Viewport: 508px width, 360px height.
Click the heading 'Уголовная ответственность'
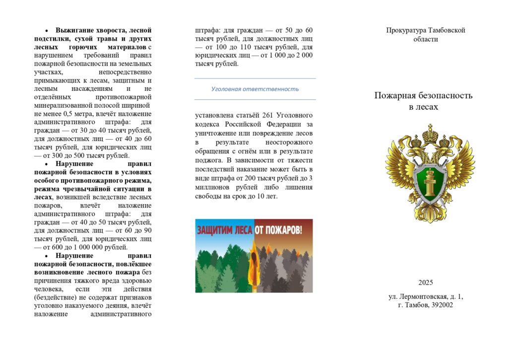254,89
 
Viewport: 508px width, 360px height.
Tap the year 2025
425,283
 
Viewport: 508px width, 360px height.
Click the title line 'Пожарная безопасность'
423,95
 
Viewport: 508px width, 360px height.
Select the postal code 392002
441,305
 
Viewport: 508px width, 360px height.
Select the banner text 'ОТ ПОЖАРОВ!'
278,230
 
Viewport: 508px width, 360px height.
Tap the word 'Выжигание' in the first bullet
74,30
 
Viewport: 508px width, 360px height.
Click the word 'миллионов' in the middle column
212,187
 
